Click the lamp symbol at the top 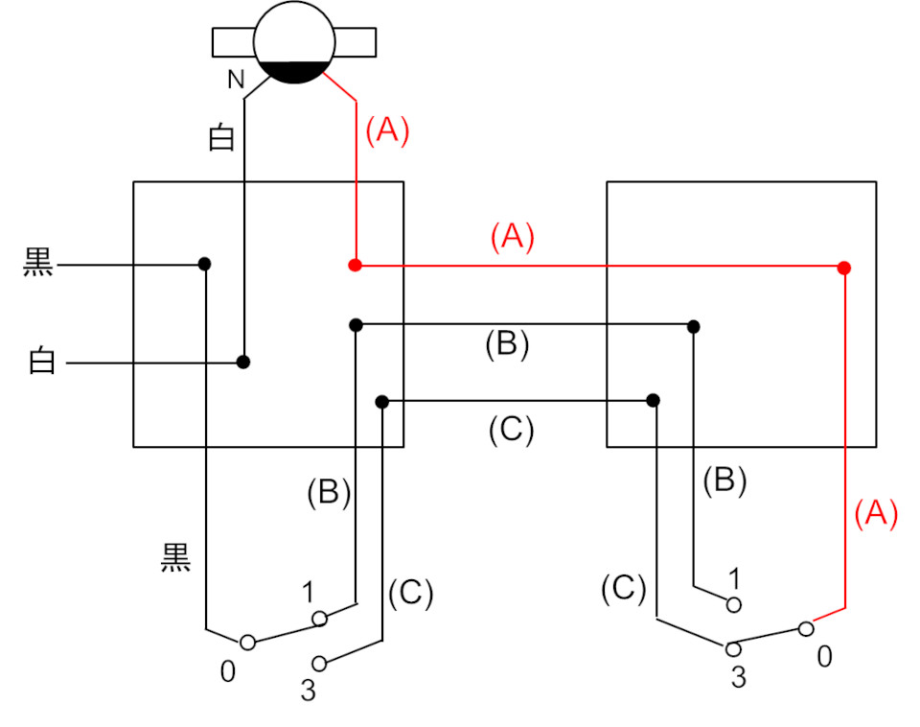pyautogui.click(x=294, y=43)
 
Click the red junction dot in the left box pyautogui.click(x=355, y=265)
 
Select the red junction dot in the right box pyautogui.click(x=843, y=268)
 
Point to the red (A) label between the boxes pyautogui.click(x=512, y=237)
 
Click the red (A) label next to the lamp pyautogui.click(x=387, y=130)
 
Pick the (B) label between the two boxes pyautogui.click(x=507, y=344)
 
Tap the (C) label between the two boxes pyautogui.click(x=510, y=431)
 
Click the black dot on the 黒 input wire pyautogui.click(x=204, y=264)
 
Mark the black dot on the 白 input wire pyautogui.click(x=243, y=363)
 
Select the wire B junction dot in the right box pyautogui.click(x=693, y=327)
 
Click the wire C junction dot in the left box pyautogui.click(x=381, y=400)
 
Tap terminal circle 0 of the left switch pyautogui.click(x=247, y=643)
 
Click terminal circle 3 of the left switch pyautogui.click(x=319, y=663)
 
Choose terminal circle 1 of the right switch pyautogui.click(x=734, y=604)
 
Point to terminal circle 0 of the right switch pyautogui.click(x=807, y=629)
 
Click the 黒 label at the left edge pyautogui.click(x=39, y=265)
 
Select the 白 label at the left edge pyautogui.click(x=41, y=363)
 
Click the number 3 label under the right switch pyautogui.click(x=738, y=677)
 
